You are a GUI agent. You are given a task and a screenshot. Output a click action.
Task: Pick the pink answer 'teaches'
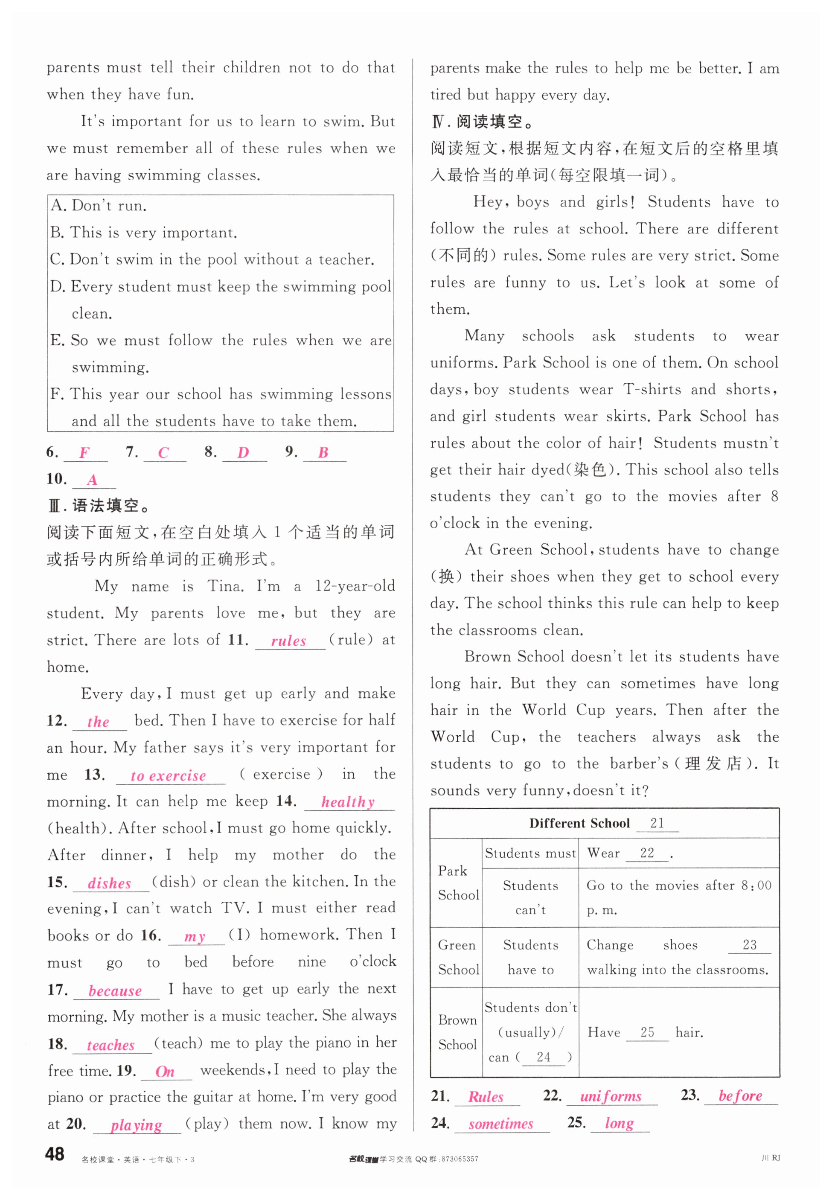tap(111, 1045)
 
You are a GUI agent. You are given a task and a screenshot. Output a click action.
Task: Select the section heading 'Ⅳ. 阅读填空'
tap(482, 122)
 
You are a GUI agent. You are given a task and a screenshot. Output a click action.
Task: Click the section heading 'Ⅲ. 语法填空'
tap(99, 506)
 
